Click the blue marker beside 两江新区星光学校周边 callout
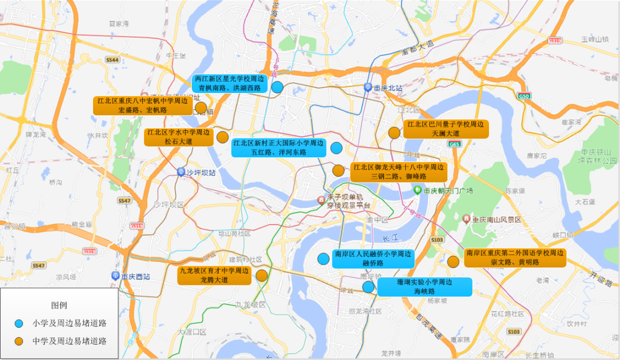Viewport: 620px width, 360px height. pos(277,87)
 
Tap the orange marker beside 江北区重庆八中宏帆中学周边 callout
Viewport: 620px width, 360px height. pos(201,107)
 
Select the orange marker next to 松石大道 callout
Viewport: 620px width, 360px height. pos(222,137)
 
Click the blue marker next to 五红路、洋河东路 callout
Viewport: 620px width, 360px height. pos(336,148)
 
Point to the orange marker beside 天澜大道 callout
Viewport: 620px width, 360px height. pos(394,133)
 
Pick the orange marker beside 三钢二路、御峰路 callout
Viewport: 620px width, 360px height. pos(338,171)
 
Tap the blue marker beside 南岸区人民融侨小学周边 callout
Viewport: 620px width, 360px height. pos(323,258)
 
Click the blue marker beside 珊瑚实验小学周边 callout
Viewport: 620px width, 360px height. pos(368,287)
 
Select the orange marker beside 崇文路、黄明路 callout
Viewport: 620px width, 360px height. pos(453,262)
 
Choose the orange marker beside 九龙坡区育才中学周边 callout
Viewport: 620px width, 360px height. pos(262,276)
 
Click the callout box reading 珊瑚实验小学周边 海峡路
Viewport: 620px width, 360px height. pos(424,287)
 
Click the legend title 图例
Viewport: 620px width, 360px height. pos(59,305)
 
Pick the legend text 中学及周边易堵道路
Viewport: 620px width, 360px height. pos(69,341)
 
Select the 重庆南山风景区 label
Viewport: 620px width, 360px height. pos(495,219)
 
